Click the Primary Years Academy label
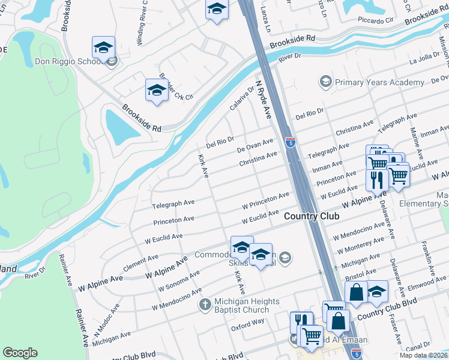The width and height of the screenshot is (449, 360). pos(380,82)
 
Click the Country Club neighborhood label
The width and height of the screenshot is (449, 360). pos(312,216)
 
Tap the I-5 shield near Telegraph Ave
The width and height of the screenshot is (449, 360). pos(291,143)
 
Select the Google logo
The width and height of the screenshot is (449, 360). pos(20,353)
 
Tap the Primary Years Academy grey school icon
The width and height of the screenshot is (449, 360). pos(325,81)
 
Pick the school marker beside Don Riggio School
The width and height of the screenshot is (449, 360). pos(103,47)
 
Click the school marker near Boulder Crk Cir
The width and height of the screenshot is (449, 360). pos(157,91)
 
